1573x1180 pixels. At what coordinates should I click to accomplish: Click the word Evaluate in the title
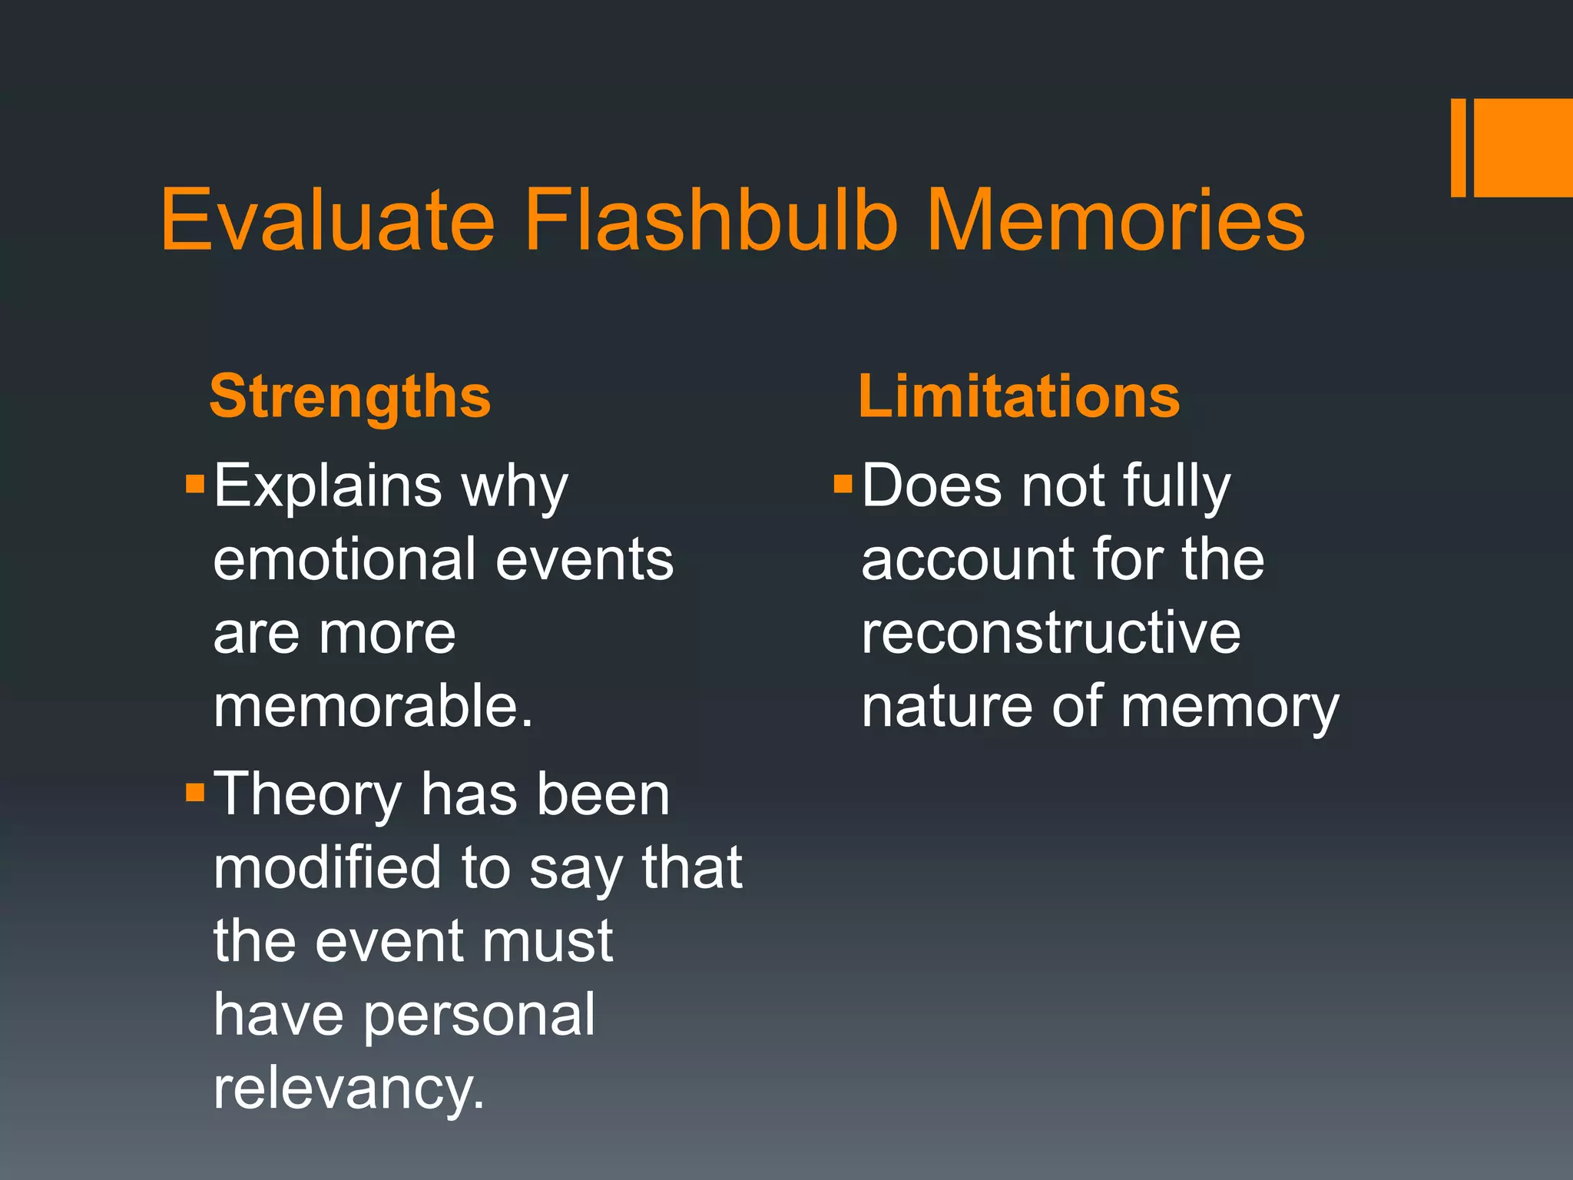pos(328,221)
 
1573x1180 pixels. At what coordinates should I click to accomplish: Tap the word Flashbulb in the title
pos(710,221)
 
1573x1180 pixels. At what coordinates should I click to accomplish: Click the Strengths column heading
pos(349,397)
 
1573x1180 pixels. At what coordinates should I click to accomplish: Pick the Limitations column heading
pos(1018,397)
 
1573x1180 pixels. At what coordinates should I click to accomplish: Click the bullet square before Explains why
pos(195,484)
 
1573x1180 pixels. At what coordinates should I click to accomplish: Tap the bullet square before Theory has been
pos(195,792)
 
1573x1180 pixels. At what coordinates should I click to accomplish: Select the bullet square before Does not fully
pos(843,484)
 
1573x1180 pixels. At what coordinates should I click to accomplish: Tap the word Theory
pos(307,796)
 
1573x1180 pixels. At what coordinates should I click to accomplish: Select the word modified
pos(327,868)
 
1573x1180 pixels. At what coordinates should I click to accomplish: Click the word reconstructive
pos(1050,633)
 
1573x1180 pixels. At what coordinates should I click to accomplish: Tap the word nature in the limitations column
pos(946,707)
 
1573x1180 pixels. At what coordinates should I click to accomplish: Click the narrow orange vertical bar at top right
pos(1458,147)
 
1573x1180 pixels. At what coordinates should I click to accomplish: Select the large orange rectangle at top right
pos(1523,147)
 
